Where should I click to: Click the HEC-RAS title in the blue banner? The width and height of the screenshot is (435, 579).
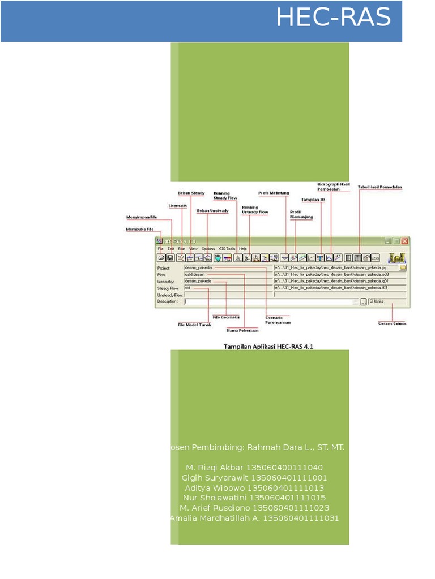point(333,18)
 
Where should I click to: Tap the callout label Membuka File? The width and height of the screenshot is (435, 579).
point(139,230)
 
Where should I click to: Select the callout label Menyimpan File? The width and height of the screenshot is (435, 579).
point(142,217)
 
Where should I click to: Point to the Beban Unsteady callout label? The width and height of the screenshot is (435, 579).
point(212,211)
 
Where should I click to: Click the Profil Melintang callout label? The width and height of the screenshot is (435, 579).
point(273,193)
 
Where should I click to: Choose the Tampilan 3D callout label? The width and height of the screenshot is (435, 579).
point(313,200)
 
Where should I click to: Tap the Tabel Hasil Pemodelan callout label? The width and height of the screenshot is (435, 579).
point(380,187)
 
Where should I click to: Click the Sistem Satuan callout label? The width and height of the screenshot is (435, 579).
point(392,324)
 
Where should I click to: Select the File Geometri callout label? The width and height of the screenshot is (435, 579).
point(226,317)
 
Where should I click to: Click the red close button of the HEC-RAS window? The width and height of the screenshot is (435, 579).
point(404,241)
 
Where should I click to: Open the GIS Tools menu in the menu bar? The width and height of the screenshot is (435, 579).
point(227,249)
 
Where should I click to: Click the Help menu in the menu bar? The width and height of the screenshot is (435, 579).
point(243,249)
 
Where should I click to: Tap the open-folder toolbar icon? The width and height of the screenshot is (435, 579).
point(161,258)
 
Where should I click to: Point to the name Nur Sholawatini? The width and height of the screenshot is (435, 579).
point(215,498)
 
